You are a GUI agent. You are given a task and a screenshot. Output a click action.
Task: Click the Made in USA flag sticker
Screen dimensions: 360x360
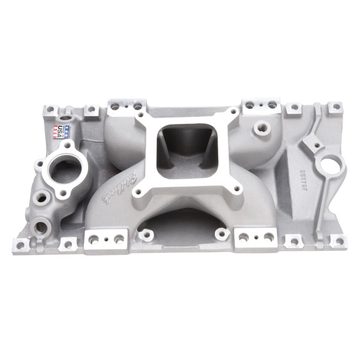(x=62, y=131)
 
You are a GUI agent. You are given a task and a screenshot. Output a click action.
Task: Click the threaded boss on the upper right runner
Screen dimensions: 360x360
(x=262, y=128)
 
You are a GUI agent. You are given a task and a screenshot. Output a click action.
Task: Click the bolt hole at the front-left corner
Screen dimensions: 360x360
(x=20, y=244)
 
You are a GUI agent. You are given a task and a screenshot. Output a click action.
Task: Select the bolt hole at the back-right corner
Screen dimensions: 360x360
(x=336, y=107)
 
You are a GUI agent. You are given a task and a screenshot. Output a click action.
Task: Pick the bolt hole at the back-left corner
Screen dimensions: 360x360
(x=50, y=110)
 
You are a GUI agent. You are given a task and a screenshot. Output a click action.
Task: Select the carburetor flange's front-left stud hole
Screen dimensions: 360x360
(x=138, y=193)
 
